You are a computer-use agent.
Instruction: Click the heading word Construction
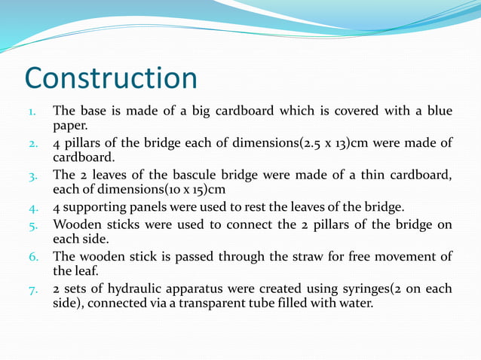tap(111, 78)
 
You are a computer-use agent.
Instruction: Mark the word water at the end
tap(355, 304)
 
